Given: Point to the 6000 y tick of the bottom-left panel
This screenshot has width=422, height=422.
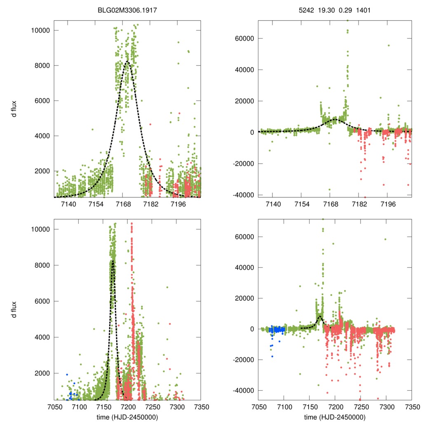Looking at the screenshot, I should (x=43, y=301).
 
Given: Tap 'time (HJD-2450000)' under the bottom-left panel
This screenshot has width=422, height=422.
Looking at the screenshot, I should (x=127, y=417).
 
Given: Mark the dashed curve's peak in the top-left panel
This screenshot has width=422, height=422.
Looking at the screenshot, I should (x=127, y=62).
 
